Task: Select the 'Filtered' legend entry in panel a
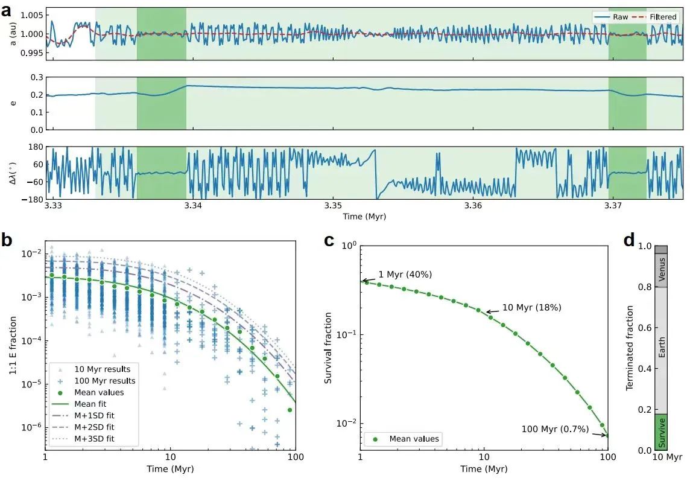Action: (x=662, y=17)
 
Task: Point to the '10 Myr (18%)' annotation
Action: (x=531, y=307)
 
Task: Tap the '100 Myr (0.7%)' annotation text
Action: (x=548, y=429)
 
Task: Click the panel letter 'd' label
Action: (x=629, y=241)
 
